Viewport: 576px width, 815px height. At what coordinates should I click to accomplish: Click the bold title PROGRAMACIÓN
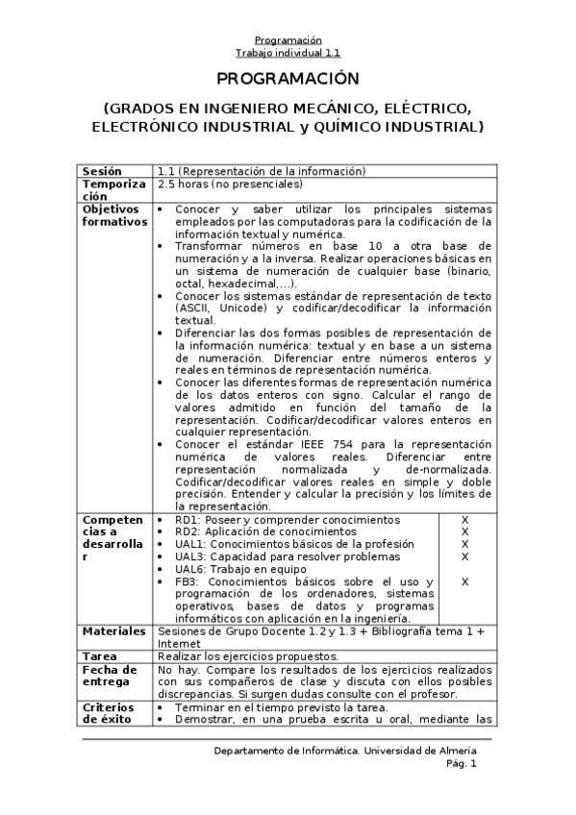[x=287, y=79]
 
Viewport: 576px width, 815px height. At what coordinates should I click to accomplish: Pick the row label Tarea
[x=101, y=655]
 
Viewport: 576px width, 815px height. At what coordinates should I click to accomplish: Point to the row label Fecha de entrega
[x=108, y=675]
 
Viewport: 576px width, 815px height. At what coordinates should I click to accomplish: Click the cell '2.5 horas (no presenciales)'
[x=230, y=184]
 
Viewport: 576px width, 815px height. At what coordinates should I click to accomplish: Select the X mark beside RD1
[x=464, y=520]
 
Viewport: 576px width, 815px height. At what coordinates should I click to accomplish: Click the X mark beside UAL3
[x=464, y=556]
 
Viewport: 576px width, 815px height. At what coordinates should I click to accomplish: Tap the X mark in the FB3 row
[x=464, y=581]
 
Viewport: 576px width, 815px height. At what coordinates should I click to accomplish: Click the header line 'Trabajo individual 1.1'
[x=288, y=54]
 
